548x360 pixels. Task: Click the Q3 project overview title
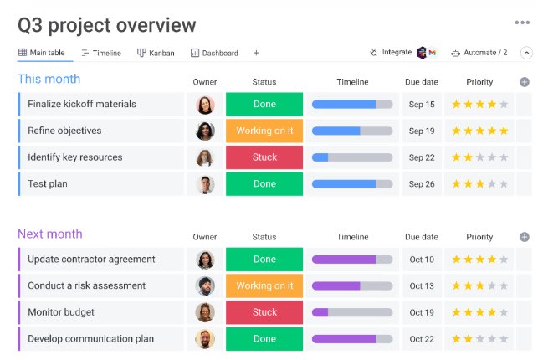106,26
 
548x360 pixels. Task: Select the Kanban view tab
156,53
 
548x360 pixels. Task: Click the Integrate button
396,53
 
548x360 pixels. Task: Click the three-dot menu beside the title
522,23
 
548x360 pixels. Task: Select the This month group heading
49,79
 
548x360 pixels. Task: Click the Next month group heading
50,234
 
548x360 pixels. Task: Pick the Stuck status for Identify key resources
264,157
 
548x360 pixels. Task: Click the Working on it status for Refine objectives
264,131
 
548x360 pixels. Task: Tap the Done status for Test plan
264,183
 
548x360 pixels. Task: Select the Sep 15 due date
422,105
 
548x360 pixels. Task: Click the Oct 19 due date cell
422,312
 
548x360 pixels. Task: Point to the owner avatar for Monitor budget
205,312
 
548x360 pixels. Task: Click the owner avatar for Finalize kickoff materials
205,105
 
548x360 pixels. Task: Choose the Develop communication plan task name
90,339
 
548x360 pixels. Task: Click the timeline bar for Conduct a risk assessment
351,285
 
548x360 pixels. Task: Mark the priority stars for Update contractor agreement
479,260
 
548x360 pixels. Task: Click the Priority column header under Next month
479,237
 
